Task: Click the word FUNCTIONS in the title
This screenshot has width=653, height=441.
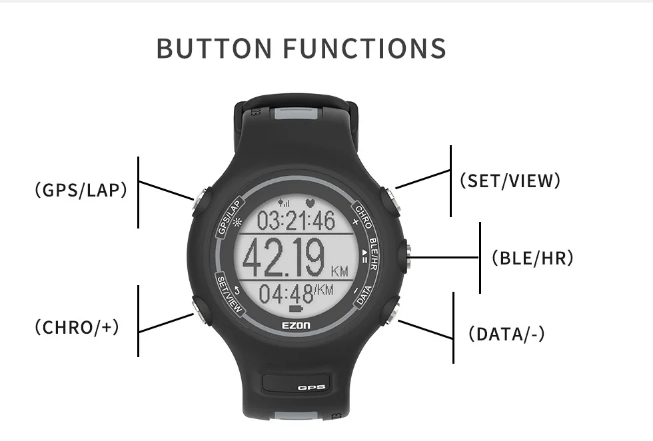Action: coord(364,49)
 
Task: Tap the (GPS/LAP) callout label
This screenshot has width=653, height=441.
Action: coord(81,191)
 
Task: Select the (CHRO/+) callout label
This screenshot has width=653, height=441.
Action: coord(77,327)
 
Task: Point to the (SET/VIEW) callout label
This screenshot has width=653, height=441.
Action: coord(510,181)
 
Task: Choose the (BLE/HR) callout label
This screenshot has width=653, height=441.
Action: coord(532,258)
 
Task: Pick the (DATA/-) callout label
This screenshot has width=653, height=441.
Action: coord(506,334)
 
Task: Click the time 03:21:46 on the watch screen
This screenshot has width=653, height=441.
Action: coord(297,220)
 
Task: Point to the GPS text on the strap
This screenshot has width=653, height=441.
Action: coord(311,387)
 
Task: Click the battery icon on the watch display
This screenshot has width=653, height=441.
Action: coord(297,309)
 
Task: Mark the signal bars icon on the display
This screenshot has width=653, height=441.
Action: coord(285,202)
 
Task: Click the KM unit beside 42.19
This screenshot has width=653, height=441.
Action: coord(339,271)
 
